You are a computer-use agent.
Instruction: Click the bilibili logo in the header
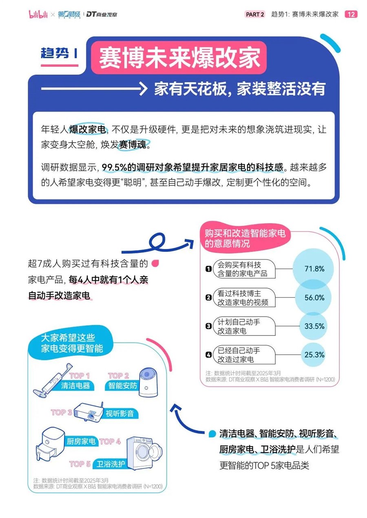click(x=38, y=14)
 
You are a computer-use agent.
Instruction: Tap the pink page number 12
click(x=351, y=14)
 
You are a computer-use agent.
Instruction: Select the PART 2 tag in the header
click(x=255, y=14)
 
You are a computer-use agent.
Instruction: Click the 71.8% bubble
click(x=313, y=269)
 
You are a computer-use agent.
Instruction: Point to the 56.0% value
click(x=314, y=298)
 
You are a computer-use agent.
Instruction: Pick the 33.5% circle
click(x=313, y=326)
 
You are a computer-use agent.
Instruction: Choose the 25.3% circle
click(x=313, y=355)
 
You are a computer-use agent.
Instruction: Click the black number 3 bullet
click(x=208, y=326)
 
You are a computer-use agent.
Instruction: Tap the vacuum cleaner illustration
click(x=52, y=381)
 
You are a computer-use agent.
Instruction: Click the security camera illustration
click(x=148, y=383)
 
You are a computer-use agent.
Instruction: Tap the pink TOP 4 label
click(x=110, y=441)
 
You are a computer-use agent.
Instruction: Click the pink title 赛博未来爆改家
click(x=179, y=57)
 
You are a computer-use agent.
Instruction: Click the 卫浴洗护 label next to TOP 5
click(x=111, y=464)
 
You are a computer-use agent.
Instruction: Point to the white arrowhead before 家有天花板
click(x=143, y=89)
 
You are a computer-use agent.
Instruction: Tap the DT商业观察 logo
click(x=102, y=14)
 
